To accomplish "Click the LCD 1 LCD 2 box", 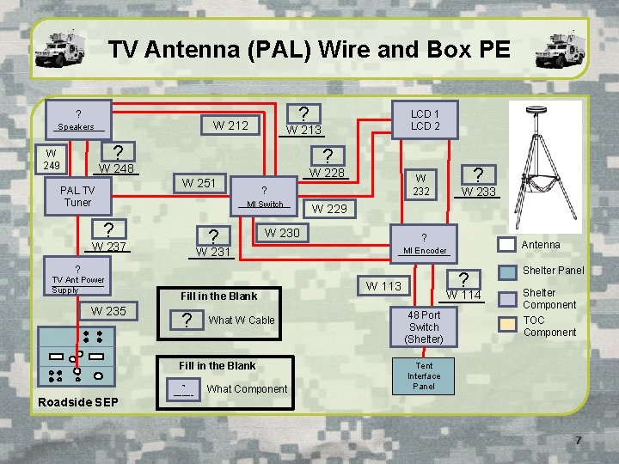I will pos(425,119).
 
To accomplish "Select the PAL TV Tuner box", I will pos(77,196).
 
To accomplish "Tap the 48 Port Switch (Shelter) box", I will pos(424,327).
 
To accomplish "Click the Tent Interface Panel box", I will pos(424,375).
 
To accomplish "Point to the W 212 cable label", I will pos(230,125).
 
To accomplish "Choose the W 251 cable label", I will pos(199,182).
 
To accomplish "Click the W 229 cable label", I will pos(329,208).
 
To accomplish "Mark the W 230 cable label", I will pos(282,232).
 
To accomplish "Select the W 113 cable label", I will pos(383,286).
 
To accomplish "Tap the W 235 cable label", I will pos(108,311).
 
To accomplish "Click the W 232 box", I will pos(421,185).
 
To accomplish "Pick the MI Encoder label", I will pos(425,251).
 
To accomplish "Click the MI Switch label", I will pos(265,205).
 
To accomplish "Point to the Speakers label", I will pos(76,127).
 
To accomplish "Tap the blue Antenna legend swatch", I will pos(508,245).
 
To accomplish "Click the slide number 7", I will pos(579,441).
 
